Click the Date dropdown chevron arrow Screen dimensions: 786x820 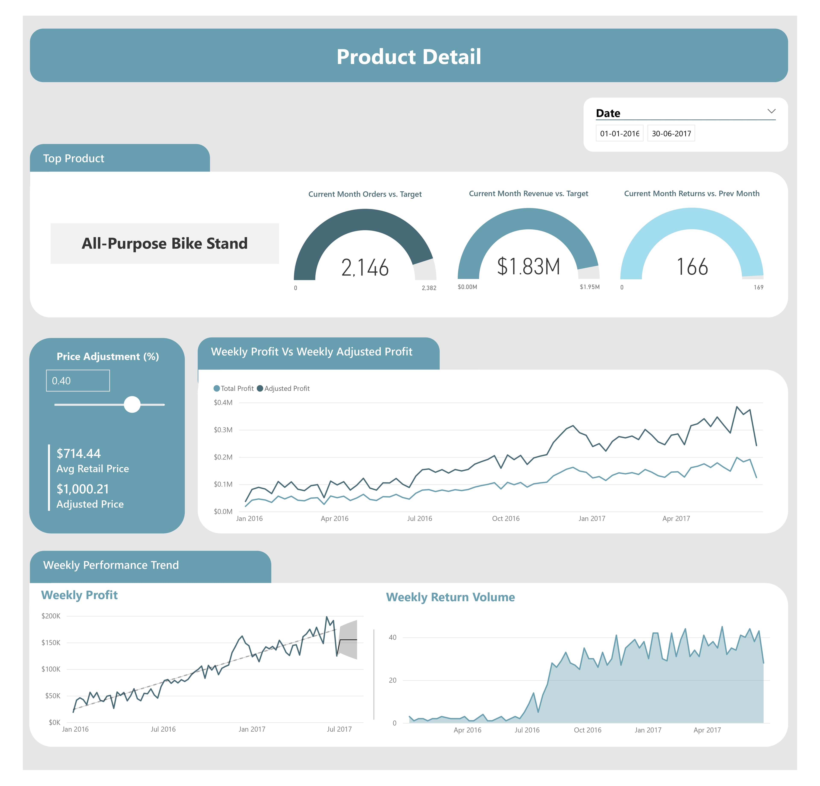click(771, 111)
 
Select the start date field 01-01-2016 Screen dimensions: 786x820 click(619, 133)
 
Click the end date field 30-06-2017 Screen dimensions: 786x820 click(671, 133)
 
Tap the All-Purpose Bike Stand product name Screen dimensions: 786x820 click(164, 243)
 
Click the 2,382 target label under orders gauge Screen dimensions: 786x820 click(429, 288)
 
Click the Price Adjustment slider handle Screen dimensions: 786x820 click(132, 404)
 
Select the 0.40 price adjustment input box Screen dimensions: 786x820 click(78, 380)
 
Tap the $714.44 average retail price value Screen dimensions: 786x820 click(79, 453)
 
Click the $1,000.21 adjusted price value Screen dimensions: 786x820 click(83, 489)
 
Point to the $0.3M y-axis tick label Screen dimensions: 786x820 click(223, 430)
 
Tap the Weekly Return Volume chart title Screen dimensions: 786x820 click(450, 597)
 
